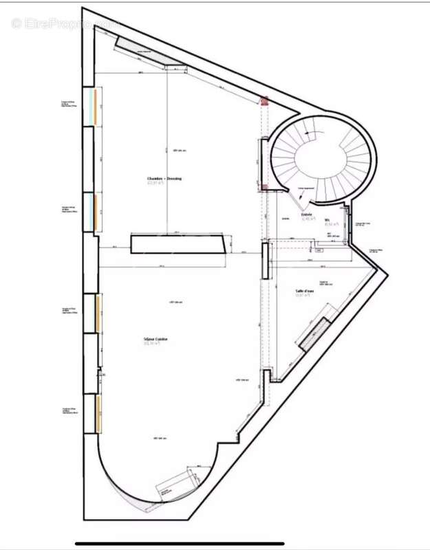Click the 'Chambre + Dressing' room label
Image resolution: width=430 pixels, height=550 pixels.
(x=164, y=179)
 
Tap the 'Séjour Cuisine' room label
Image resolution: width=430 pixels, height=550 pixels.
(x=156, y=340)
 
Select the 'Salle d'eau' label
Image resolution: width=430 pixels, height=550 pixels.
(x=305, y=291)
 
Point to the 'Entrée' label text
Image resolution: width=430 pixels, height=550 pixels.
(x=306, y=214)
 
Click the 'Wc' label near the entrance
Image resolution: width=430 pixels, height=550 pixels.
(x=327, y=220)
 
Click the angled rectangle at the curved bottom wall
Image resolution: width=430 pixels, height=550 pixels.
(x=177, y=485)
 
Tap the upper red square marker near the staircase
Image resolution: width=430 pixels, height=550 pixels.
(x=263, y=101)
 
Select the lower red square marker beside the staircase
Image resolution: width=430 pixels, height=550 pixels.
(x=263, y=188)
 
